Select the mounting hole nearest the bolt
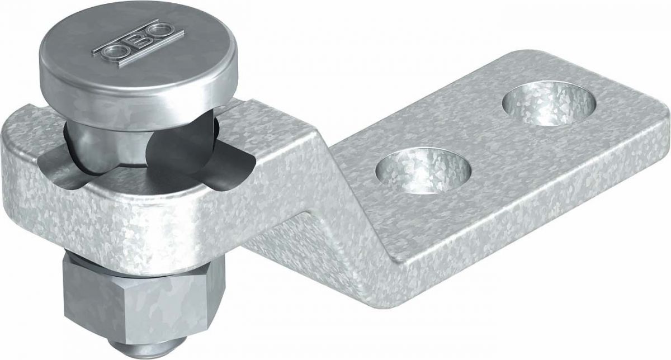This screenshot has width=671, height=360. click(423, 170)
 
